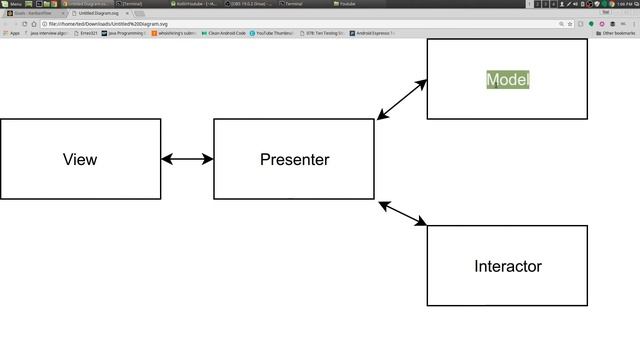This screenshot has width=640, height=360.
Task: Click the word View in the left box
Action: [80, 159]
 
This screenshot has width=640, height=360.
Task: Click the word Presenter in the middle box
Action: [294, 159]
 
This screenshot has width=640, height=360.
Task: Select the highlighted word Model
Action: [507, 79]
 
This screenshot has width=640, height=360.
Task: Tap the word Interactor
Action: [507, 266]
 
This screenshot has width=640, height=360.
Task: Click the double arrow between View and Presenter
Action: [187, 159]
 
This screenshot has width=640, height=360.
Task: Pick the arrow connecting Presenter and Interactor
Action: [403, 213]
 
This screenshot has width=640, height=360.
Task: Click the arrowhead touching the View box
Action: [166, 159]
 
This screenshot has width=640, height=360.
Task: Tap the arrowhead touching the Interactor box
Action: [421, 222]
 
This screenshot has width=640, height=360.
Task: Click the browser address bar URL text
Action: [110, 23]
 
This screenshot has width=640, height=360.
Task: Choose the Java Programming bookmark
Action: [124, 33]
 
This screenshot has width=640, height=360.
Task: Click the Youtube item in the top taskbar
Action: [345, 4]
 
